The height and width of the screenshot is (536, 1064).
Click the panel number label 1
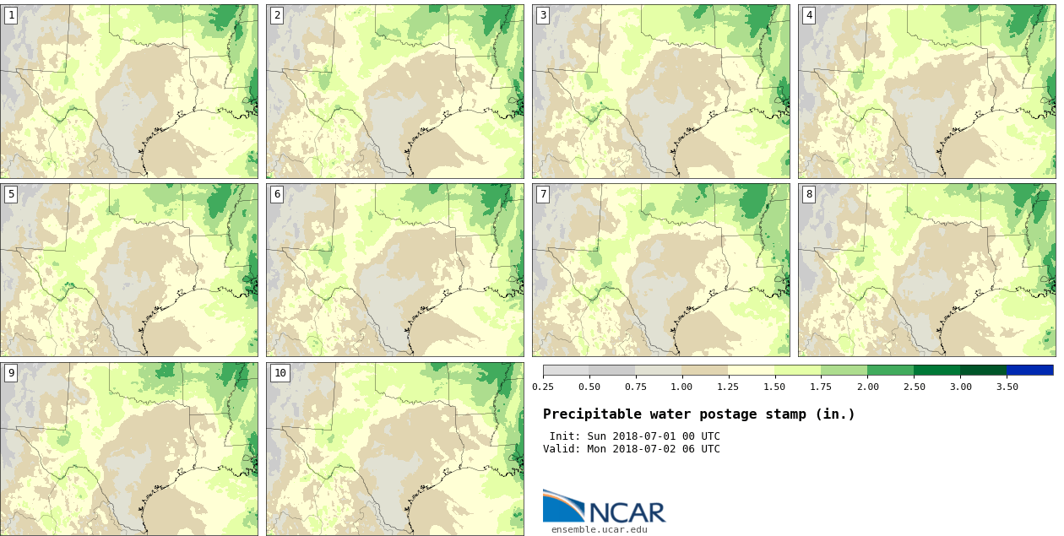click(11, 15)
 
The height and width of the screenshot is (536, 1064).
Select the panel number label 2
click(277, 15)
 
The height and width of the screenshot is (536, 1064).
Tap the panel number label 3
click(543, 15)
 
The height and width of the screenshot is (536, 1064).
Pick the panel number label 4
click(809, 15)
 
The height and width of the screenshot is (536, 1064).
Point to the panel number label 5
click(11, 194)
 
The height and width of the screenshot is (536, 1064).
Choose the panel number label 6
click(277, 194)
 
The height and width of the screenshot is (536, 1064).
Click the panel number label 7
click(543, 194)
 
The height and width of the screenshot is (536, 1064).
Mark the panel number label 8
click(809, 194)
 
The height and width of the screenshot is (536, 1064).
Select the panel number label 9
click(11, 373)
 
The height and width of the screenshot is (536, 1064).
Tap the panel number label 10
click(280, 373)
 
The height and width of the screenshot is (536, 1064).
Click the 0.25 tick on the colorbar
click(543, 387)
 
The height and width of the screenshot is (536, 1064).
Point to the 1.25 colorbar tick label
click(728, 387)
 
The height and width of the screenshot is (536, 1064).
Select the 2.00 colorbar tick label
click(867, 387)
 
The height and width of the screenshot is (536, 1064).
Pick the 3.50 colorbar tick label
click(1007, 387)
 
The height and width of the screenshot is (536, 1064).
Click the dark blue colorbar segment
click(1029, 370)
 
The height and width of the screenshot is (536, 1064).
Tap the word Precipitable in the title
click(592, 414)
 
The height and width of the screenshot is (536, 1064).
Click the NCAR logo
click(604, 506)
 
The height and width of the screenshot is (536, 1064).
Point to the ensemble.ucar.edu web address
click(600, 529)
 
